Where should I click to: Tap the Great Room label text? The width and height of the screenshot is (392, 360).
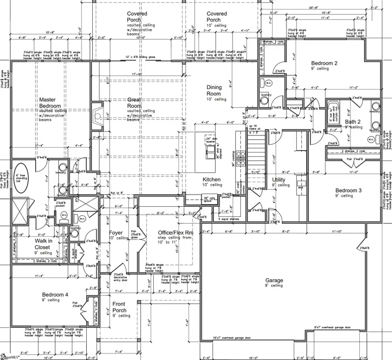134,103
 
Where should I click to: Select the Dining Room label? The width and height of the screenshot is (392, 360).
214,90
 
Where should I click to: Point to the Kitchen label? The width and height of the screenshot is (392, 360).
212,179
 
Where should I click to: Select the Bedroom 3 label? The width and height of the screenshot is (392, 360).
348,190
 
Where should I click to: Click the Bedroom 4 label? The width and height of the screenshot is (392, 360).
55,295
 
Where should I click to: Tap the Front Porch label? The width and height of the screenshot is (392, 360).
119,307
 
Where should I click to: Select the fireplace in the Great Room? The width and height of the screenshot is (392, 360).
96,116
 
